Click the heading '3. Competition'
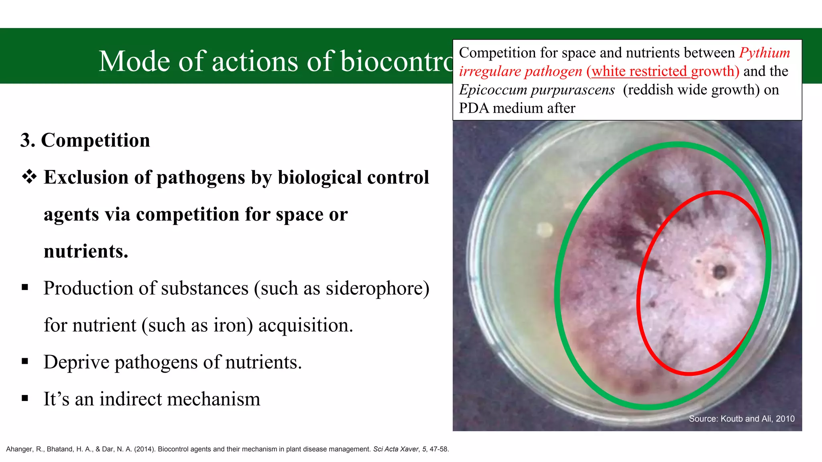pyautogui.click(x=85, y=140)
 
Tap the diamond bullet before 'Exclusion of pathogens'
pyautogui.click(x=29, y=177)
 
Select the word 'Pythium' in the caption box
pyautogui.click(x=765, y=53)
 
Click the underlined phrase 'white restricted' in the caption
pyautogui.click(x=639, y=71)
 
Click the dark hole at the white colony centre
pyautogui.click(x=720, y=272)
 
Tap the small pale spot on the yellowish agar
pyautogui.click(x=545, y=229)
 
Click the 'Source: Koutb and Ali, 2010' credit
pyautogui.click(x=741, y=419)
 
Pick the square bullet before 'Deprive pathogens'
pyautogui.click(x=25, y=361)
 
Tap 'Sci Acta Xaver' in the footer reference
pyautogui.click(x=395, y=449)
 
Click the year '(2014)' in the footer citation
pyautogui.click(x=145, y=449)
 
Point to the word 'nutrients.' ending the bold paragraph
pyautogui.click(x=86, y=251)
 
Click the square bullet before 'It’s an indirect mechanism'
pyautogui.click(x=25, y=398)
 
